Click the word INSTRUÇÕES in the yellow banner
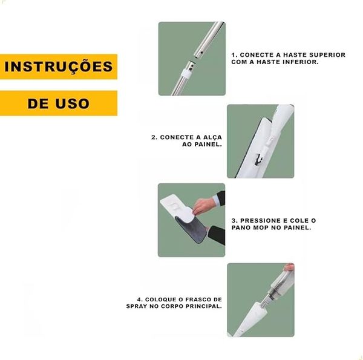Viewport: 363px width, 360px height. click(59, 67)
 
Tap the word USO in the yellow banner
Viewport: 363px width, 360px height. click(72, 103)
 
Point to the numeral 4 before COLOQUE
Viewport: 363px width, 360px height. click(139, 299)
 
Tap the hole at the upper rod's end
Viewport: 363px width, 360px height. click(201, 53)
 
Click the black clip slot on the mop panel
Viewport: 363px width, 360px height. click(258, 160)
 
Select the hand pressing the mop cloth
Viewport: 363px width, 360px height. click(204, 206)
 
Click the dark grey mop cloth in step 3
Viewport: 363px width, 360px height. click(193, 229)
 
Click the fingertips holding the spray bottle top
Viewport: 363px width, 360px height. click(289, 267)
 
